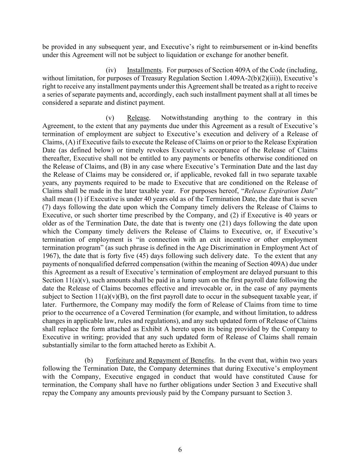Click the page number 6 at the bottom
(180, 450)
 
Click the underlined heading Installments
(144, 70)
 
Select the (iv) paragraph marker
(111, 70)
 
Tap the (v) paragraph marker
(110, 118)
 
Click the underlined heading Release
(138, 118)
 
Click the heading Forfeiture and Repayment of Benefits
(160, 361)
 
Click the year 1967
(49, 256)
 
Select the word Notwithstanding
(184, 118)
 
